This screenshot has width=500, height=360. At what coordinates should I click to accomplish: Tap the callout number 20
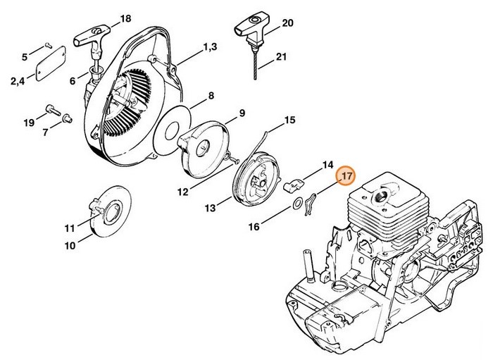tap(287, 23)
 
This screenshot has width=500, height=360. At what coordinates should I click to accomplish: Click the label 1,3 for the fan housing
tap(210, 47)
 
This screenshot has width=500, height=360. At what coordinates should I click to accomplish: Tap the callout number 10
tap(70, 246)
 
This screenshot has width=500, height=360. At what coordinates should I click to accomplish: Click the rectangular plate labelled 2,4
tap(51, 57)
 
